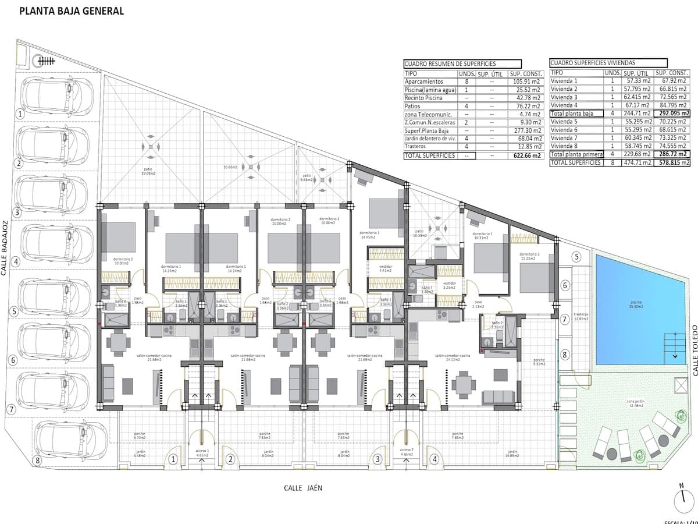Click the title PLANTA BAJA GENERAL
click(x=72, y=11)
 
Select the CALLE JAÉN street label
click(x=302, y=488)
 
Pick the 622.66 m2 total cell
click(x=526, y=155)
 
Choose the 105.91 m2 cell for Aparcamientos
click(x=526, y=82)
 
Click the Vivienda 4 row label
click(x=564, y=105)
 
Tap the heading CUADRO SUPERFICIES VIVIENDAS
click(x=593, y=63)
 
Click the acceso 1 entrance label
click(x=201, y=452)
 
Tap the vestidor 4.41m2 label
click(x=385, y=267)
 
